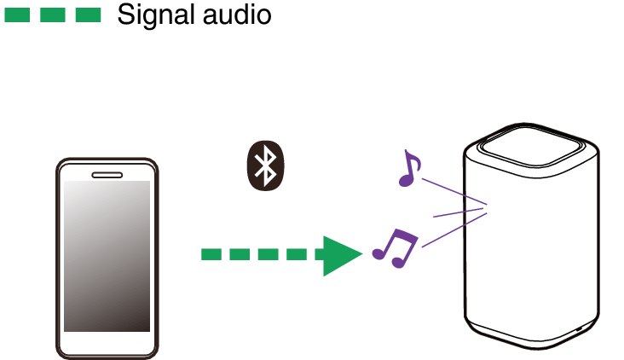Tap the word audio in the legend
240,15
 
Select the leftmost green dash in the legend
18,15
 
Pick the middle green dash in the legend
53,15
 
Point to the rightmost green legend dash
88,15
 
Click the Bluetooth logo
266,165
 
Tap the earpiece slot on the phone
107,175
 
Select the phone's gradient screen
107,256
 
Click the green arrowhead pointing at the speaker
340,254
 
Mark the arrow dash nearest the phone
211,254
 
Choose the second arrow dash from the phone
240,254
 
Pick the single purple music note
409,169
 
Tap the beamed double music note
396,248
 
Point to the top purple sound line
451,192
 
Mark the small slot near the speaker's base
579,329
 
